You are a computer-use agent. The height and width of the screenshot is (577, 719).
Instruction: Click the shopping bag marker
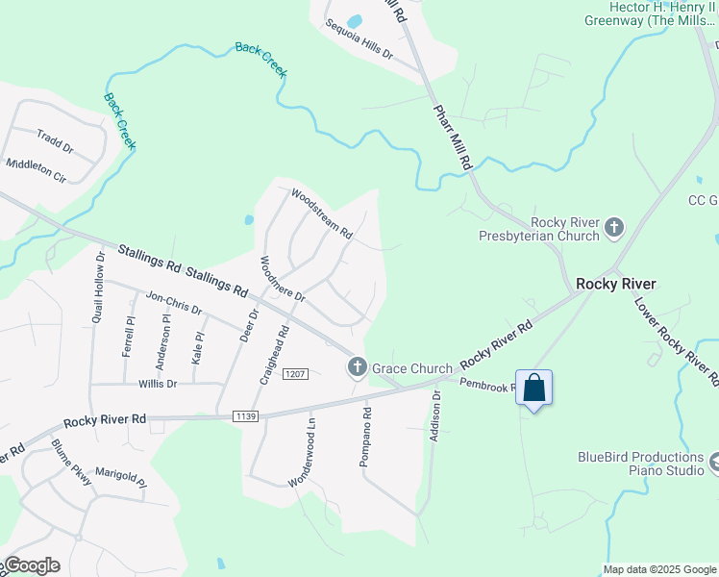[534, 389]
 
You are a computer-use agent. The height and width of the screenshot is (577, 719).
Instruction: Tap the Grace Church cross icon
[357, 366]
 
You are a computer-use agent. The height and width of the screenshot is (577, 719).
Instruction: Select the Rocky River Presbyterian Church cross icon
[613, 229]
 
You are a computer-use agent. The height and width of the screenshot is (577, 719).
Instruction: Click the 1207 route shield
[295, 373]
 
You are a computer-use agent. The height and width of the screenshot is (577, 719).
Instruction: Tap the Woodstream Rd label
[323, 213]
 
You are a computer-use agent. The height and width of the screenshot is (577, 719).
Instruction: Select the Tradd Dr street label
[55, 141]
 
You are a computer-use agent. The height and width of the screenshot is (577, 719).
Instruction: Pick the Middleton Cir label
[37, 170]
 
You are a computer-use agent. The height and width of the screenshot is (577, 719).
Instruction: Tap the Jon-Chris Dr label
[173, 304]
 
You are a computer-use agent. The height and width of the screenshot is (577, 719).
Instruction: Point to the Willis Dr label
[158, 384]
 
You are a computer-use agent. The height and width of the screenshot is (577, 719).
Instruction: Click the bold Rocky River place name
[615, 284]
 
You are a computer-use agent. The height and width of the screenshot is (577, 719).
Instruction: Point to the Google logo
[32, 565]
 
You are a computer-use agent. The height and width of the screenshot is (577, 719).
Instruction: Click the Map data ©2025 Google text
[658, 569]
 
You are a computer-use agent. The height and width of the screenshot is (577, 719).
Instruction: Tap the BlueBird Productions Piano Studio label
[641, 464]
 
